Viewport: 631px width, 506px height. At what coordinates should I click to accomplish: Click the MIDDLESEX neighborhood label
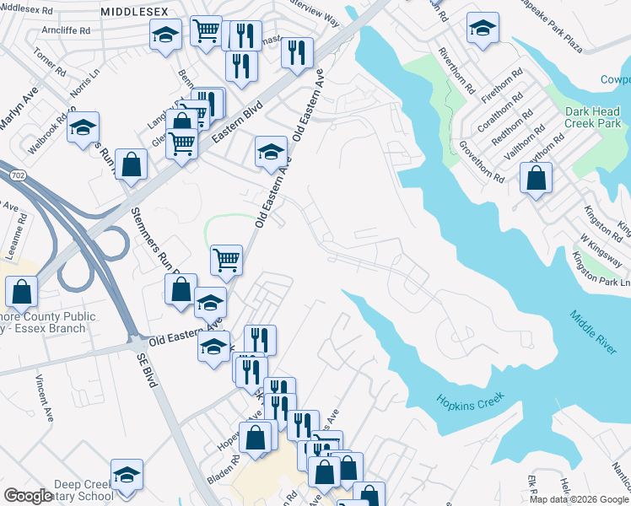coord(134,12)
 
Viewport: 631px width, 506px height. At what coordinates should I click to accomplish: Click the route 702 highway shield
coord(17,173)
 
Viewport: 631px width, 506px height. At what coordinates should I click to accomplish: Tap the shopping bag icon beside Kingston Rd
coord(536,178)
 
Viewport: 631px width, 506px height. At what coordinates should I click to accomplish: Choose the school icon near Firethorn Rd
coord(482,29)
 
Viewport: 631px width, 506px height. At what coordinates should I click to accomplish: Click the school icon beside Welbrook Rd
coord(83,127)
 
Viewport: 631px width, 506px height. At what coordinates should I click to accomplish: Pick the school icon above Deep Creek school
coord(127,475)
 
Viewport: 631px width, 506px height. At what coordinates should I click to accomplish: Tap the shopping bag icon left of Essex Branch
coord(21,292)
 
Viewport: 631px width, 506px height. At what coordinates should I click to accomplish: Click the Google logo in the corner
coord(28,496)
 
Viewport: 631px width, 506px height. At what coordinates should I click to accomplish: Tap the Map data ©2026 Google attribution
coord(579,499)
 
